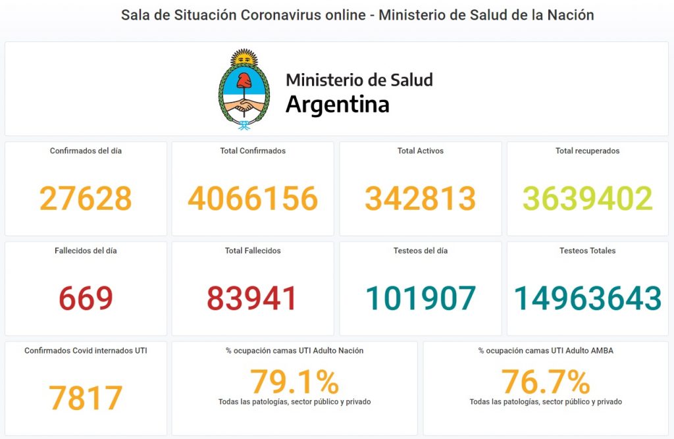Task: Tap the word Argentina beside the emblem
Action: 337,104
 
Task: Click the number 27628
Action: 86,198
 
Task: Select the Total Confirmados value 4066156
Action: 253,198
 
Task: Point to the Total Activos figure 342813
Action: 420,198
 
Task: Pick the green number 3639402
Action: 588,198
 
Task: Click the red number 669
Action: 86,298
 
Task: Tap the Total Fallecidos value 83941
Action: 253,298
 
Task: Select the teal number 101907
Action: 420,298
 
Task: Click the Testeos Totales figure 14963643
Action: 588,298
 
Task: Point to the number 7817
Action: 86,398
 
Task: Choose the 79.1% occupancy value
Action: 294,382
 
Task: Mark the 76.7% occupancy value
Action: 546,382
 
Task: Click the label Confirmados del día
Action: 86,151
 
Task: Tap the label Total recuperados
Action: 588,151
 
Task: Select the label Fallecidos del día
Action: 86,251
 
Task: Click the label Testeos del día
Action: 420,251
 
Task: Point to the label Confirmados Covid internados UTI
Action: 86,351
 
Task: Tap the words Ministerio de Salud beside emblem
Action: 359,80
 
